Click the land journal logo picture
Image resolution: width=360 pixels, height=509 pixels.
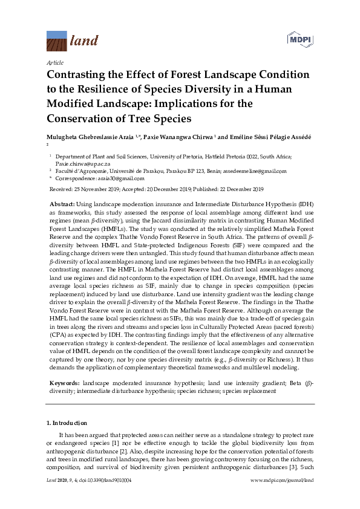[57, 41]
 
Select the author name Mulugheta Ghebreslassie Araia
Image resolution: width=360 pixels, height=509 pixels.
[94, 137]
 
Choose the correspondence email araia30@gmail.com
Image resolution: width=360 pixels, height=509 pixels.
[121, 178]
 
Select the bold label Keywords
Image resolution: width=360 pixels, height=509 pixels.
[64, 383]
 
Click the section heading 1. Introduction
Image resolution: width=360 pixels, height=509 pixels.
[67, 423]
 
